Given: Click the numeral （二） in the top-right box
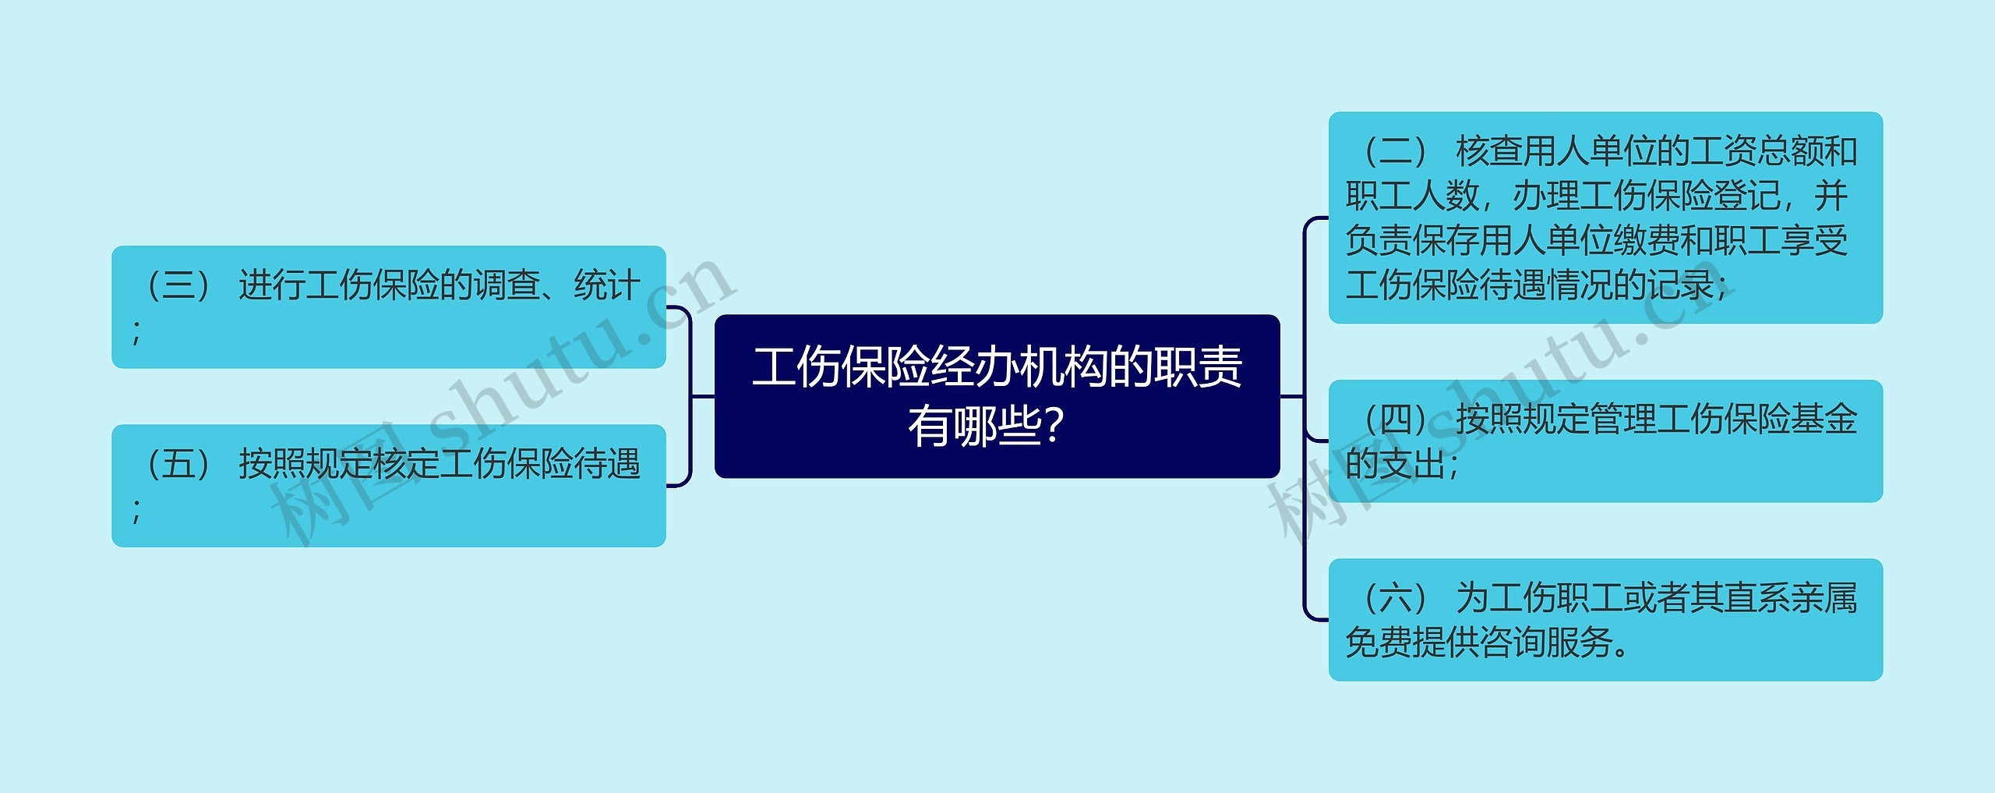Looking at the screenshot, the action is coord(1395,151).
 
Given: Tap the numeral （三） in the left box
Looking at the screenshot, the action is coord(178,285).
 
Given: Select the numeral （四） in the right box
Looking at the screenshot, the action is coord(1395,420).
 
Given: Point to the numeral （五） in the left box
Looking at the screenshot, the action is coord(178,464).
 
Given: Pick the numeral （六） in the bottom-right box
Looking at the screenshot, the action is coord(1395,598).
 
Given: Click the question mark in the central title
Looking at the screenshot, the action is coord(1053,427).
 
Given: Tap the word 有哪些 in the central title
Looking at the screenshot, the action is coord(974,427).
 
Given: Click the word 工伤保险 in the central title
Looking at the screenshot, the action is coord(841,367).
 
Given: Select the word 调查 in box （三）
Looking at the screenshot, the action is coord(507,285).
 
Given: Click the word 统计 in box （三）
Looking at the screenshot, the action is coord(607,285).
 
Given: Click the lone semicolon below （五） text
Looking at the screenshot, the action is coord(137,510).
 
